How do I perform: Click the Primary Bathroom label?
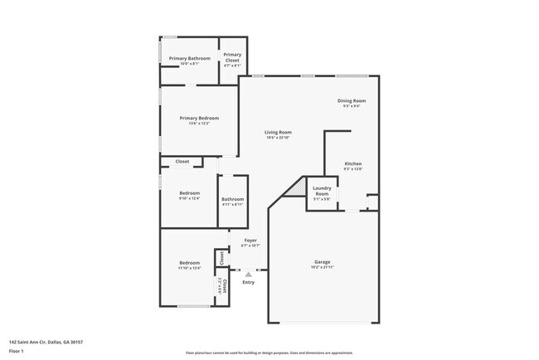(190, 58)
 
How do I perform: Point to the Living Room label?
(278, 132)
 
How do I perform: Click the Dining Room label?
(352, 100)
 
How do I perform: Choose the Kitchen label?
(353, 163)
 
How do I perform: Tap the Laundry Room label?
(322, 192)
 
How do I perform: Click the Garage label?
(322, 261)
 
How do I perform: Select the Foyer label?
(250, 241)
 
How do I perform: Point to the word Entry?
(249, 283)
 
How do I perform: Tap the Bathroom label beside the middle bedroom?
(232, 198)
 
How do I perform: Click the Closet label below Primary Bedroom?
(182, 161)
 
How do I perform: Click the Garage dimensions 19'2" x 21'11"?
(322, 267)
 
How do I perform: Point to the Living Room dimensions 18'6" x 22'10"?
(278, 138)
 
